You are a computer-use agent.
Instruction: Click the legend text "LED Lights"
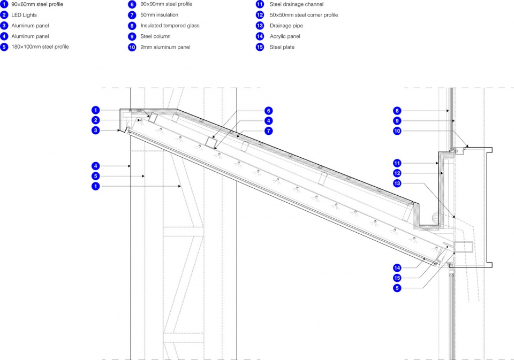pyautogui.click(x=24, y=15)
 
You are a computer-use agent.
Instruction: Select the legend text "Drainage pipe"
pyautogui.click(x=286, y=26)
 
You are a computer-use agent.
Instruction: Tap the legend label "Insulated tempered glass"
pyautogui.click(x=170, y=26)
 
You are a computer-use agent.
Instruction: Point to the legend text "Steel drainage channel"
pyautogui.click(x=296, y=4)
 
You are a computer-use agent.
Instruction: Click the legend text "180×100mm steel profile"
pyautogui.click(x=40, y=47)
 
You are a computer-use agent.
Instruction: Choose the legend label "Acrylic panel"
pyautogui.click(x=285, y=36)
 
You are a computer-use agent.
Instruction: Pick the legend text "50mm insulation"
pyautogui.click(x=160, y=15)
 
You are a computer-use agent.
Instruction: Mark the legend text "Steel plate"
pyautogui.click(x=282, y=47)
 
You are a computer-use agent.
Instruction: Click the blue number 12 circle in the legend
pyautogui.click(x=260, y=15)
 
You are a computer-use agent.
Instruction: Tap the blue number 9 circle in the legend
pyautogui.click(x=132, y=36)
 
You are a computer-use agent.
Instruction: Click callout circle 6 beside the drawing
pyautogui.click(x=268, y=111)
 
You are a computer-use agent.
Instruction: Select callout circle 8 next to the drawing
pyautogui.click(x=397, y=111)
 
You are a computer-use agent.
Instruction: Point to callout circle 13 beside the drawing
pyautogui.click(x=397, y=183)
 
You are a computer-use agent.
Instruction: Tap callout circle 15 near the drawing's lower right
pyautogui.click(x=397, y=278)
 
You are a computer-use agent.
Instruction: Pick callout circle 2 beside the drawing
pyautogui.click(x=95, y=120)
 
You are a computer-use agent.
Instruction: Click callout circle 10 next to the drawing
pyautogui.click(x=397, y=131)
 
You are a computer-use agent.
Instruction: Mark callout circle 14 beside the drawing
pyautogui.click(x=397, y=268)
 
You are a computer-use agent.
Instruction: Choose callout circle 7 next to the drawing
pyautogui.click(x=268, y=131)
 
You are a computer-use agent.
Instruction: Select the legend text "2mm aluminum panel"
pyautogui.click(x=165, y=47)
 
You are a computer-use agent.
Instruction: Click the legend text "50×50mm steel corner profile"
pyautogui.click(x=304, y=15)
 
